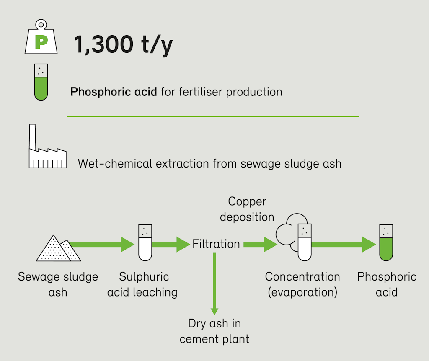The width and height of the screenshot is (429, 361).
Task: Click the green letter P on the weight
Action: (41, 42)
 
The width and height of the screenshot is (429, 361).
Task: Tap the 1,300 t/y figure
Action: (124, 44)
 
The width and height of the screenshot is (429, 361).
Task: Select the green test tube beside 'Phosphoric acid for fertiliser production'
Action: (41, 82)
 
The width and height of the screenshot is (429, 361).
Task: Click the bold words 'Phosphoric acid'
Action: (114, 92)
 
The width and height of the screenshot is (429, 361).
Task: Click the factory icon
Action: (48, 146)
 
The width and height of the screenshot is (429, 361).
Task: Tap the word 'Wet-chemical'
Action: (115, 164)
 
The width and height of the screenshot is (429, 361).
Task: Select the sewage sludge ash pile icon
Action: (58, 248)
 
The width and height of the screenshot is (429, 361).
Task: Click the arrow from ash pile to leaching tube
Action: (102, 244)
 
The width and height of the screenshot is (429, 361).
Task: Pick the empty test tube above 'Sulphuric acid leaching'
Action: (145, 242)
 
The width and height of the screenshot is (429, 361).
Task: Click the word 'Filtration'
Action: (216, 244)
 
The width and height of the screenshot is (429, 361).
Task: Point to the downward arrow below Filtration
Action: (214, 284)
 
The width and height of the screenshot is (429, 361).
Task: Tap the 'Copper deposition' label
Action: (247, 209)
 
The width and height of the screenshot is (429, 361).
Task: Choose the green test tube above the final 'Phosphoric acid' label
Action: (386, 242)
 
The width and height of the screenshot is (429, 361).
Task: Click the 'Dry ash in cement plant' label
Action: (214, 331)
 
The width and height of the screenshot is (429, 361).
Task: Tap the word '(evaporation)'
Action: (302, 292)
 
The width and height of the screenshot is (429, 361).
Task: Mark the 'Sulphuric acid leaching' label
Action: (142, 284)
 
